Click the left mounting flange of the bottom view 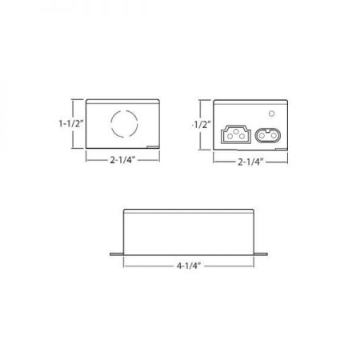pyautogui.click(x=116, y=253)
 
